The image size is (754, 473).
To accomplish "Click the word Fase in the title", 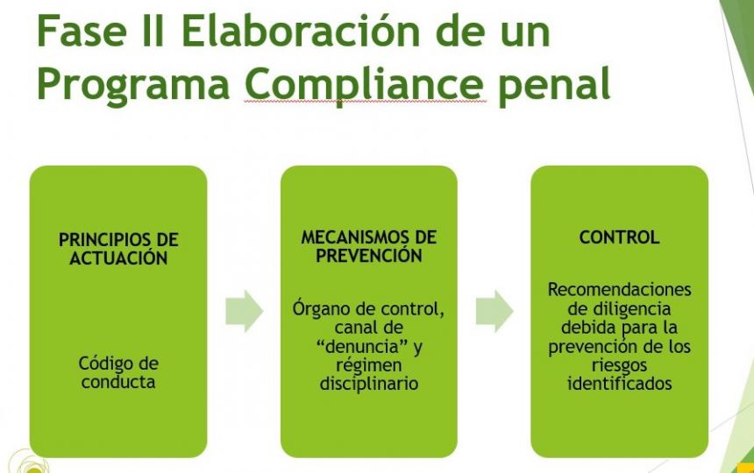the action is (x=82, y=31).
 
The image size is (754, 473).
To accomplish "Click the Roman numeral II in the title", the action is (x=153, y=31).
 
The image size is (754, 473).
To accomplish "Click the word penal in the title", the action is (x=554, y=83).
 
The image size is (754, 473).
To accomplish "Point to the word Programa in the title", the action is (x=133, y=84).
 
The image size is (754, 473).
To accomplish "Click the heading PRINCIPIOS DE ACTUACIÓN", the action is (x=118, y=249).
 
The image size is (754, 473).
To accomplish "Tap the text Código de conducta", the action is (x=118, y=372).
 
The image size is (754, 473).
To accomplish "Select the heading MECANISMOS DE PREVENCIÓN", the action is (x=369, y=246).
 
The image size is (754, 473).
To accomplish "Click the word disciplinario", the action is (x=369, y=384).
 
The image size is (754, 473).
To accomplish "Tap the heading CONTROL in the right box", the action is (x=619, y=237).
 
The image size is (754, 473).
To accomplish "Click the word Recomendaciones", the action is (x=619, y=290).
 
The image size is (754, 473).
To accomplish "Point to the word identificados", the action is (x=619, y=383).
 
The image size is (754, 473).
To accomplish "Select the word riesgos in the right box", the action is (x=619, y=365).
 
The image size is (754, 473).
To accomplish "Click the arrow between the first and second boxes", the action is (x=245, y=311).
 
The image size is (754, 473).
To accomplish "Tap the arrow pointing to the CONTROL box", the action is (x=494, y=311).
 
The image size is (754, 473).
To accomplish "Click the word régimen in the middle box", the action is (x=369, y=365).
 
